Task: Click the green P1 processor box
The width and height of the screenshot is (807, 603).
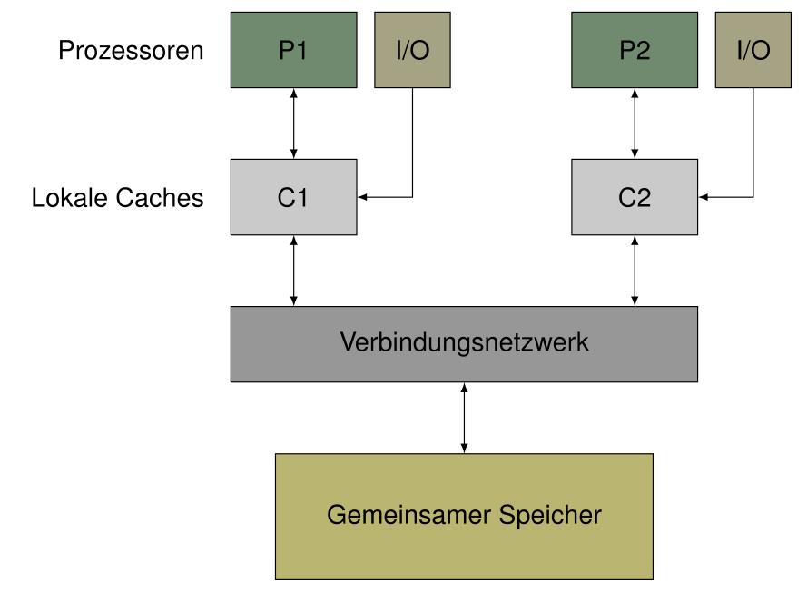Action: click(263, 68)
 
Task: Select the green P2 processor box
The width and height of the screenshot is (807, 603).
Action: click(605, 68)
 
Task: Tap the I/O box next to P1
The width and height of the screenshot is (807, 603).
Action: click(412, 50)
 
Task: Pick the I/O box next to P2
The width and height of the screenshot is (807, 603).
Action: click(753, 50)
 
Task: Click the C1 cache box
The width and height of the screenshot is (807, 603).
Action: click(293, 197)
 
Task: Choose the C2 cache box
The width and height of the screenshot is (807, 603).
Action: click(635, 197)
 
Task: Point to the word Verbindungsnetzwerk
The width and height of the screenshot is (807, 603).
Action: click(464, 343)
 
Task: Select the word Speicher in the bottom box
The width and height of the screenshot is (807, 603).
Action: click(549, 516)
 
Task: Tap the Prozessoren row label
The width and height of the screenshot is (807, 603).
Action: click(131, 50)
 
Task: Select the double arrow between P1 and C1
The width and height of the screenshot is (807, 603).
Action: click(293, 124)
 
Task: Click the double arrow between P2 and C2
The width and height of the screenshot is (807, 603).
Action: click(635, 124)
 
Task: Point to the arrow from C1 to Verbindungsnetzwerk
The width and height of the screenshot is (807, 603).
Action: click(293, 271)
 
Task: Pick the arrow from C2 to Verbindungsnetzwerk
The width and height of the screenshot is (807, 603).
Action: click(635, 271)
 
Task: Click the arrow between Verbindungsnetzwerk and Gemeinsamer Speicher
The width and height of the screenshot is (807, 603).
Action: click(464, 418)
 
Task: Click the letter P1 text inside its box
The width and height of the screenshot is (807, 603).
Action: click(293, 50)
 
